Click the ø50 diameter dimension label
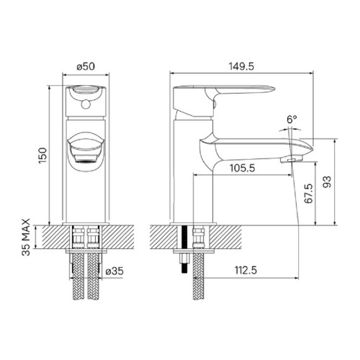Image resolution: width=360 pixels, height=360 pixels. [x=86, y=66]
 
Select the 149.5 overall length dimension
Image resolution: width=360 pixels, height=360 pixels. [x=241, y=66]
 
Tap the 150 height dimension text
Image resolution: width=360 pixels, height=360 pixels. [x=43, y=156]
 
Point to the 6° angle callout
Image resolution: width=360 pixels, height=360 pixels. [x=292, y=120]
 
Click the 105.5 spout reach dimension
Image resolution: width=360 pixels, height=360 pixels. [x=243, y=168]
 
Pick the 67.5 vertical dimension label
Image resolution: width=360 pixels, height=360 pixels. [x=309, y=194]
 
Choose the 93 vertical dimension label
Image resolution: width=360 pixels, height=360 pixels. [x=327, y=182]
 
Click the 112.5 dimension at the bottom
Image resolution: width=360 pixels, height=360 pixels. [x=246, y=271]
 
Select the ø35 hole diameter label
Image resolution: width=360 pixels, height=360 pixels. [x=114, y=271]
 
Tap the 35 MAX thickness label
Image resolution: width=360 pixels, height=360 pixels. [x=26, y=237]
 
